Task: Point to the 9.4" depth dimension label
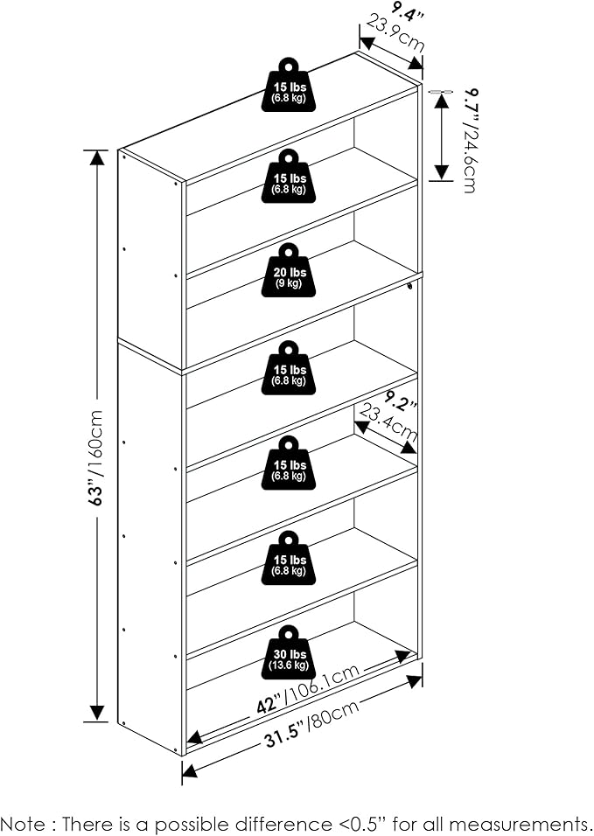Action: (x=408, y=11)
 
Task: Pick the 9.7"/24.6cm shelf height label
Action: (x=469, y=140)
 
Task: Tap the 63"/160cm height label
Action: (x=96, y=458)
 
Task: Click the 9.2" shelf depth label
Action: (x=401, y=401)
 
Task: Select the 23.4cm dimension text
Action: (x=388, y=422)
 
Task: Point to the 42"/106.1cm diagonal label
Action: (x=308, y=689)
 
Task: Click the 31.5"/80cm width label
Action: (x=311, y=724)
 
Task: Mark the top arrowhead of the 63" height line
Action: (x=96, y=158)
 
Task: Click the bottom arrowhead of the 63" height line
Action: (x=96, y=713)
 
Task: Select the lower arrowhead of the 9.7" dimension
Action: (x=441, y=171)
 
